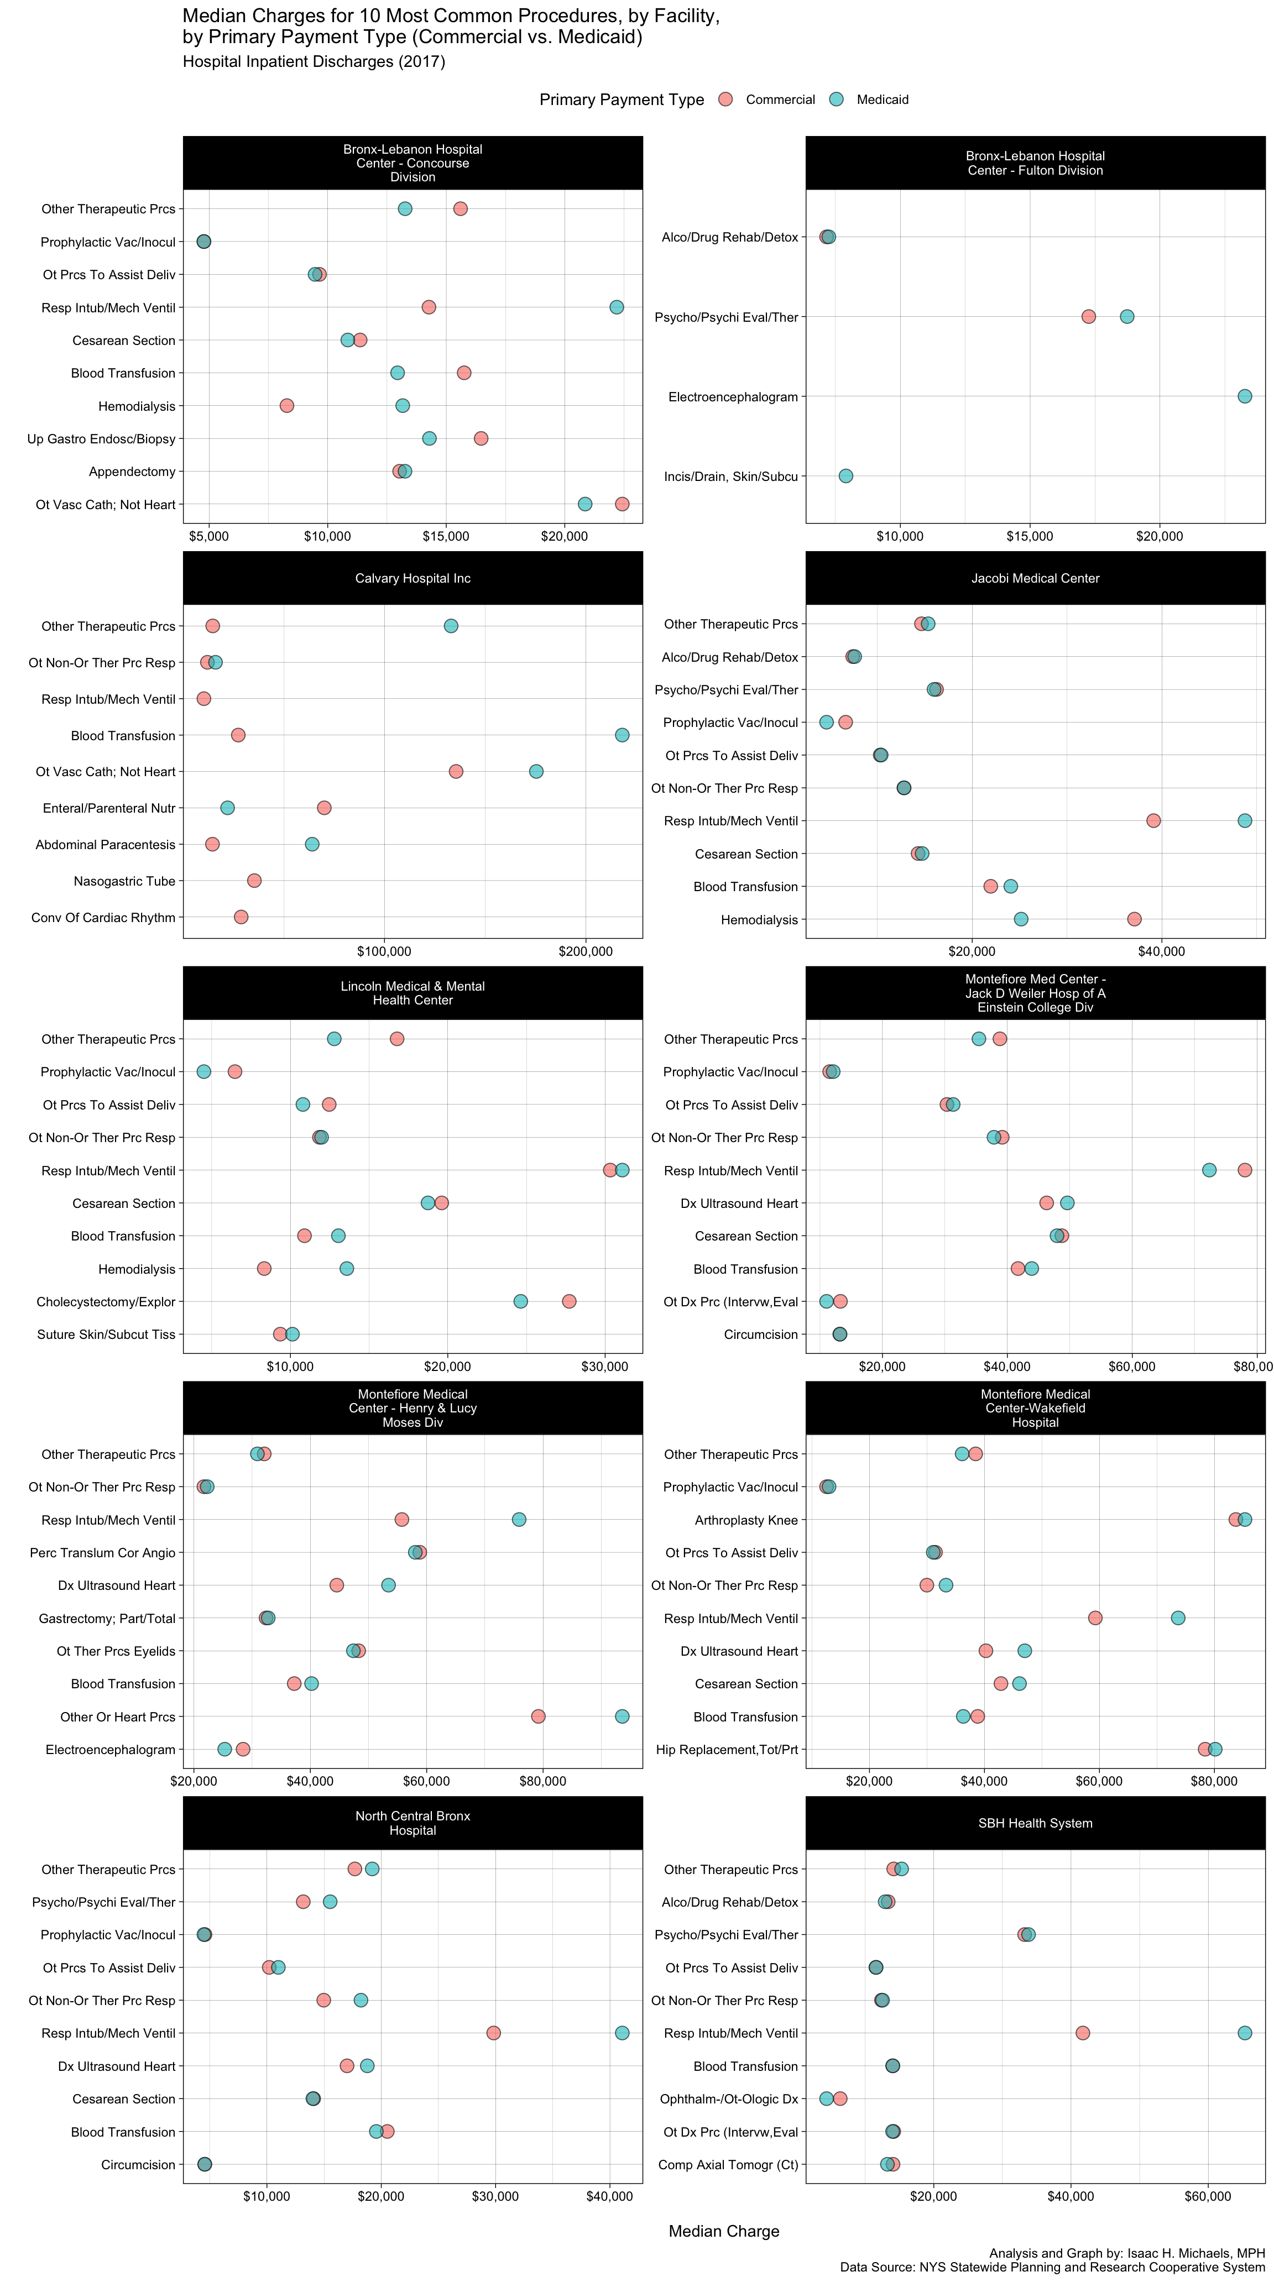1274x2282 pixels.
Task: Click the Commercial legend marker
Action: (x=725, y=99)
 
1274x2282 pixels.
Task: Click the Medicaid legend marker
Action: (x=837, y=99)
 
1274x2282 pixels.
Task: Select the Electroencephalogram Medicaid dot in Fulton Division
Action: (x=1244, y=396)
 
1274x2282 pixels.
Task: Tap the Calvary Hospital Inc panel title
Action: (x=413, y=578)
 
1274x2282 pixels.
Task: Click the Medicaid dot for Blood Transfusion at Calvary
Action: (x=622, y=735)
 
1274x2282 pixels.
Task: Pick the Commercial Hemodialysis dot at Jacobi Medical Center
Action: (x=1134, y=919)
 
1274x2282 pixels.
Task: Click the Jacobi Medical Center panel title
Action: (x=1035, y=578)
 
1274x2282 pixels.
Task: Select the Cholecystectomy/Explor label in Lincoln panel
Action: (x=106, y=1301)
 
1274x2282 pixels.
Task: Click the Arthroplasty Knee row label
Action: (x=746, y=1520)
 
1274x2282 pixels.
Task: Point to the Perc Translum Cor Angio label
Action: (x=103, y=1553)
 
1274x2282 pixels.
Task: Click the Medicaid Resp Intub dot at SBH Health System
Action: (x=1244, y=2033)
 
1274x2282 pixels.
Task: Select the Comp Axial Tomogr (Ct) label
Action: (x=728, y=2165)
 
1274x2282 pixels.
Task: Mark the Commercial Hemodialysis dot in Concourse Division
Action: (x=287, y=406)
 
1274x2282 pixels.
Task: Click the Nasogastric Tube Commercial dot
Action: (x=254, y=881)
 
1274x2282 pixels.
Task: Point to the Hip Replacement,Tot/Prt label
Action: (x=727, y=1750)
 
